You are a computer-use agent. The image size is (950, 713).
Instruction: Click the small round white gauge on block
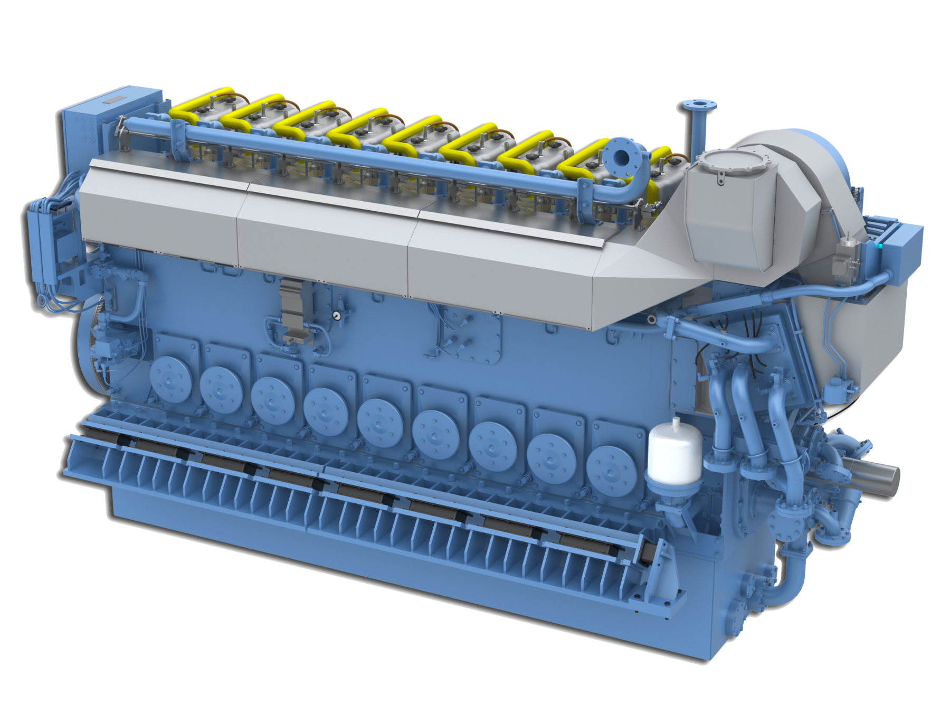tap(336, 315)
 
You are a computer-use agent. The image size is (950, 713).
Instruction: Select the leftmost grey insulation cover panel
tap(158, 211)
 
